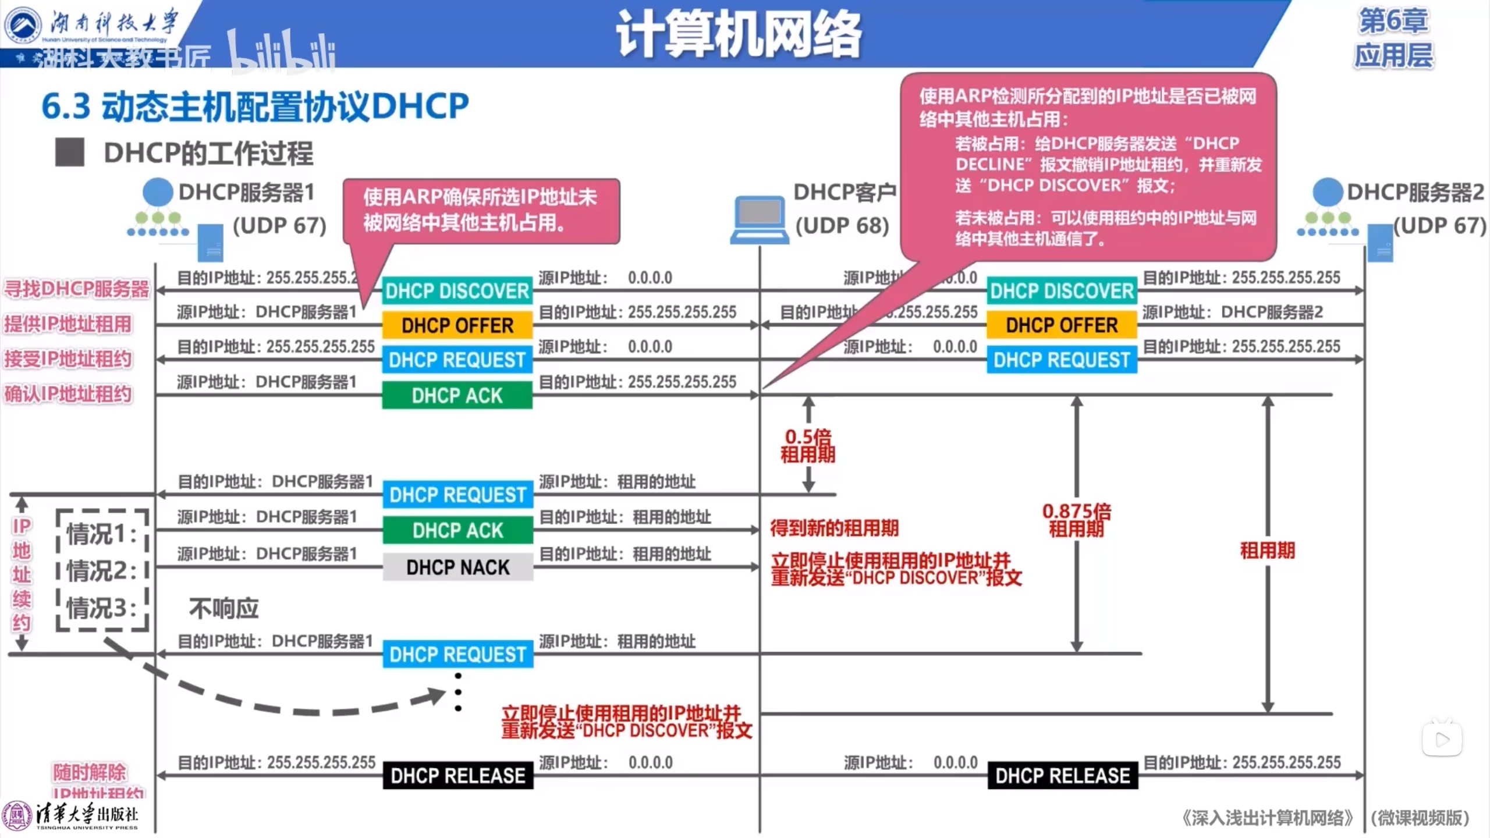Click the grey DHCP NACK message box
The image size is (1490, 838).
[457, 567]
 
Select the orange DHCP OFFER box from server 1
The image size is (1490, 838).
[457, 325]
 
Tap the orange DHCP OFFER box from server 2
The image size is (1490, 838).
[1062, 325]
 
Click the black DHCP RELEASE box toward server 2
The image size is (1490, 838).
[1063, 775]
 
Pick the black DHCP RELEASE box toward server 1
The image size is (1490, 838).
[457, 775]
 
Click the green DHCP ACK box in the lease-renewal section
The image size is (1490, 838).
[457, 530]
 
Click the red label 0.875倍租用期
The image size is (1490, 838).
[1077, 520]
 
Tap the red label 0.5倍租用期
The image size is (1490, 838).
[808, 445]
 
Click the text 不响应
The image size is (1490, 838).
[223, 609]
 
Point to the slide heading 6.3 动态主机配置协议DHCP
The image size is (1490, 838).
[255, 106]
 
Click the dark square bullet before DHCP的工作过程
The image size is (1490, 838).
[70, 152]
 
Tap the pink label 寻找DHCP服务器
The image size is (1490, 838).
[77, 289]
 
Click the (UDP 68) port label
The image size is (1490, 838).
[842, 226]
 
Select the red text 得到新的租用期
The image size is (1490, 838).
[834, 528]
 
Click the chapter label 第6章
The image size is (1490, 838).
[1393, 21]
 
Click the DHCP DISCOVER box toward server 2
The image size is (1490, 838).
[1062, 290]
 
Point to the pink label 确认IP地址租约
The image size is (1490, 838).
[68, 394]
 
